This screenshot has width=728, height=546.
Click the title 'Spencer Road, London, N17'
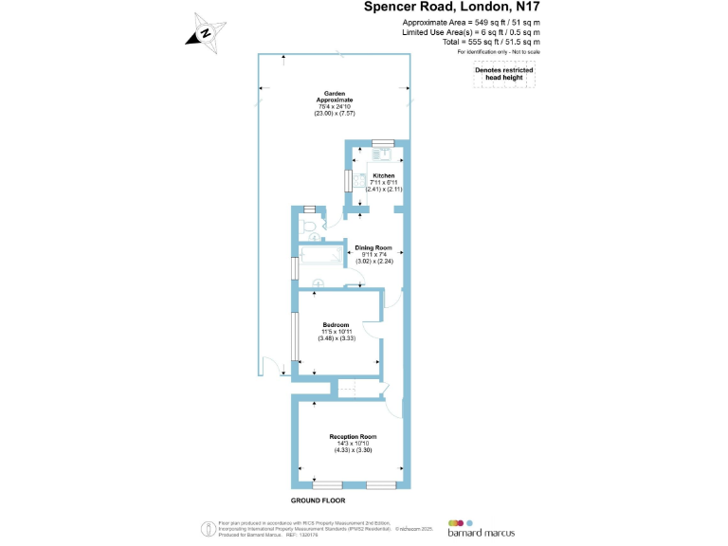(453, 8)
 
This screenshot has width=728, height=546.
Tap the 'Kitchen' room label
(383, 176)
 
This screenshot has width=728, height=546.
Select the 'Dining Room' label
(373, 247)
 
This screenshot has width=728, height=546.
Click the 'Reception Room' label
(353, 436)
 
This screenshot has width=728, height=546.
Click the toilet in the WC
(305, 228)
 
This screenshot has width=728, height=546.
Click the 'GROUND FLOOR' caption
(318, 500)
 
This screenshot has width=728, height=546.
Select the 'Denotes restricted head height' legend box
(504, 75)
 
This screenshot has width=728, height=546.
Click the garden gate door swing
(270, 365)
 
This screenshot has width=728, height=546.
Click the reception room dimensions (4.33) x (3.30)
(353, 450)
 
